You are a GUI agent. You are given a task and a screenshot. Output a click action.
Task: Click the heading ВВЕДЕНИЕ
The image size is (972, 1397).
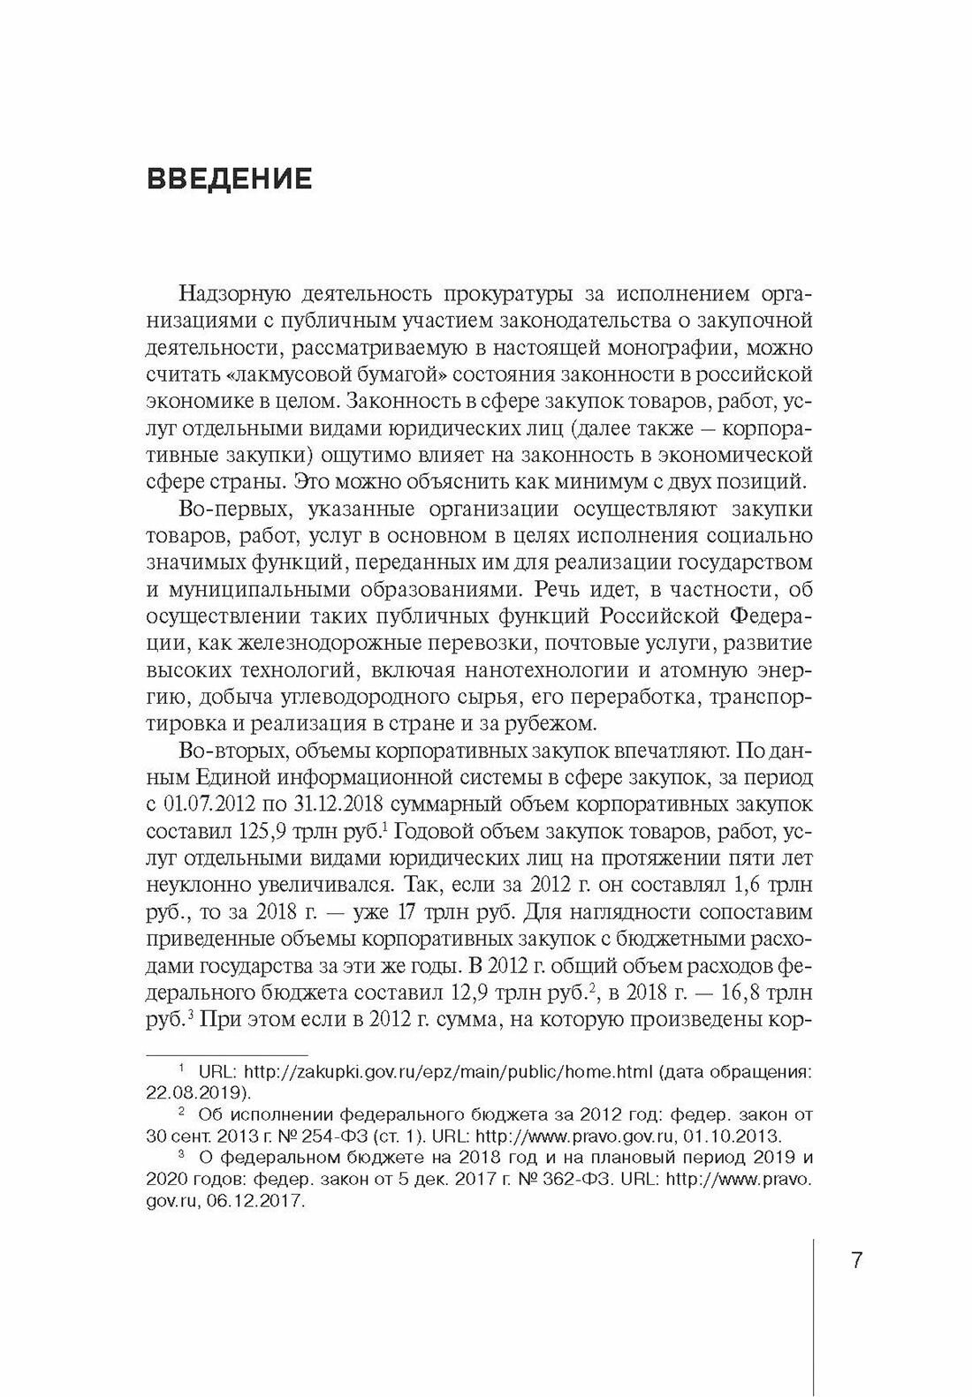pyautogui.click(x=229, y=180)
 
